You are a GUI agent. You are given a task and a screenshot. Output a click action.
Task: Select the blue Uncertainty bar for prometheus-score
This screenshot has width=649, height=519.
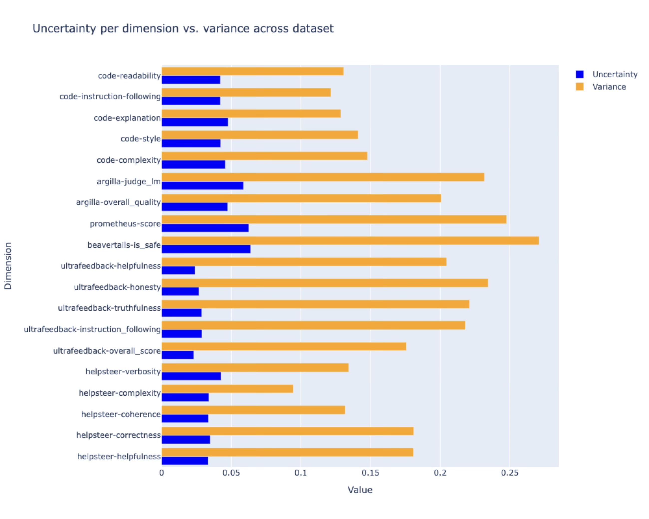point(205,228)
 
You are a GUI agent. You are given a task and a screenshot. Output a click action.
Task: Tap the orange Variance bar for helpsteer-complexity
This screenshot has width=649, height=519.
point(227,389)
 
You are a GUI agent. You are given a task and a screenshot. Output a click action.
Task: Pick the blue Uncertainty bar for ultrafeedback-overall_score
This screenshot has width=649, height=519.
point(178,355)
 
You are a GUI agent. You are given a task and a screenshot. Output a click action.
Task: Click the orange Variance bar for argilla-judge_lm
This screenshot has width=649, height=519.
point(323,177)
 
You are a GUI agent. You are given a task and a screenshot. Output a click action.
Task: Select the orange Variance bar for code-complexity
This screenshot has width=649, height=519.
point(264,156)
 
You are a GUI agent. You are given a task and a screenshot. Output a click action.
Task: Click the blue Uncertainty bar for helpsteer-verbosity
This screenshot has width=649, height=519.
point(191,376)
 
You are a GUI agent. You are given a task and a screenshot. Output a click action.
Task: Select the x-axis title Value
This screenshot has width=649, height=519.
point(360,490)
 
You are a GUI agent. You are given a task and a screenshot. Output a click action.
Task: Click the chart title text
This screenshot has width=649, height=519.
point(183,29)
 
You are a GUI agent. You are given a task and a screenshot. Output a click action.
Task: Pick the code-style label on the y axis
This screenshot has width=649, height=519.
point(141,139)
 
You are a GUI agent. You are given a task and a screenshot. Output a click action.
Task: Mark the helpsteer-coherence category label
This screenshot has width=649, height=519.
point(121,414)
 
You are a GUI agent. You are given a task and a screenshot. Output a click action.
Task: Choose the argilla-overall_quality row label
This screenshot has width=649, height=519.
point(118,202)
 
